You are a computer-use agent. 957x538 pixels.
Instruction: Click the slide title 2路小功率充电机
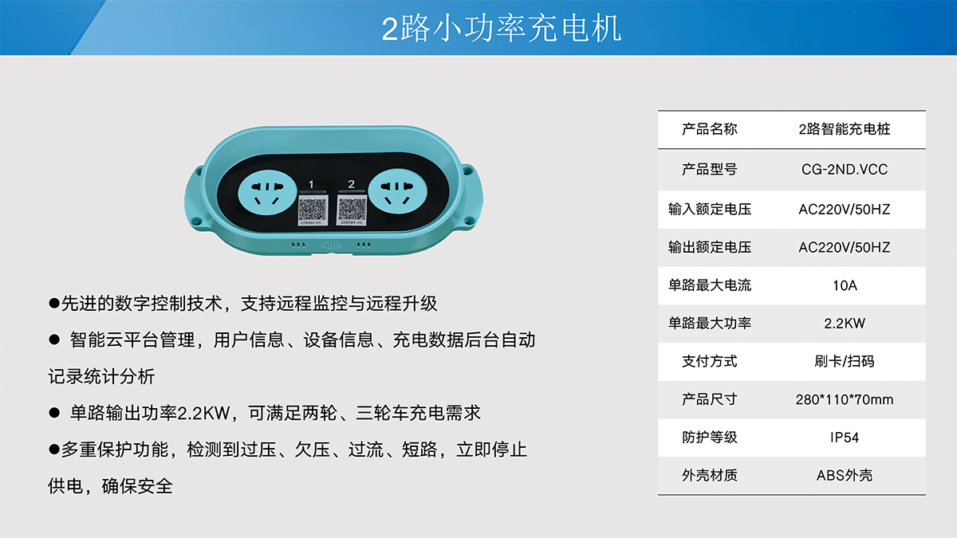(501, 29)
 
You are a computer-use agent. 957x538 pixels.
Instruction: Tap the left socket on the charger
(267, 192)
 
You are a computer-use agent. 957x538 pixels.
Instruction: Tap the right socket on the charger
(397, 191)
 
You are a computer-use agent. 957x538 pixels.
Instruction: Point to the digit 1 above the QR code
(311, 184)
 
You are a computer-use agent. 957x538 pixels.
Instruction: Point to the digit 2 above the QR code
(351, 184)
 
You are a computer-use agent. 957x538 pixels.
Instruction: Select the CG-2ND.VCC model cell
(845, 170)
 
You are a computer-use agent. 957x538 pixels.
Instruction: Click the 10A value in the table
(845, 285)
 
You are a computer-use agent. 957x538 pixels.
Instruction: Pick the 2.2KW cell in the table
(845, 324)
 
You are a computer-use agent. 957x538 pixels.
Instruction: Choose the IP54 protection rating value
(845, 438)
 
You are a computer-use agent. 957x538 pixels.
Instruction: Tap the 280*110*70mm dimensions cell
(845, 399)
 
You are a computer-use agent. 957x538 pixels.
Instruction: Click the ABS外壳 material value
(845, 475)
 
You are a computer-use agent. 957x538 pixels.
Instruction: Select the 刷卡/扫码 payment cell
(845, 361)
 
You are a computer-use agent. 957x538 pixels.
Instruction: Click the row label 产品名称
(709, 129)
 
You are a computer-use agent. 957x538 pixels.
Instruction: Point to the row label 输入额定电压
(709, 209)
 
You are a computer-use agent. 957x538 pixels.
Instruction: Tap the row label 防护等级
(709, 438)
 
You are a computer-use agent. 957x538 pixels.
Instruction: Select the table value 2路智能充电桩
(845, 129)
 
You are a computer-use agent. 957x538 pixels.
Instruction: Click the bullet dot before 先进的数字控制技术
(54, 304)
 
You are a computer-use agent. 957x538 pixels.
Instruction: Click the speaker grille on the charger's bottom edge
(331, 245)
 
